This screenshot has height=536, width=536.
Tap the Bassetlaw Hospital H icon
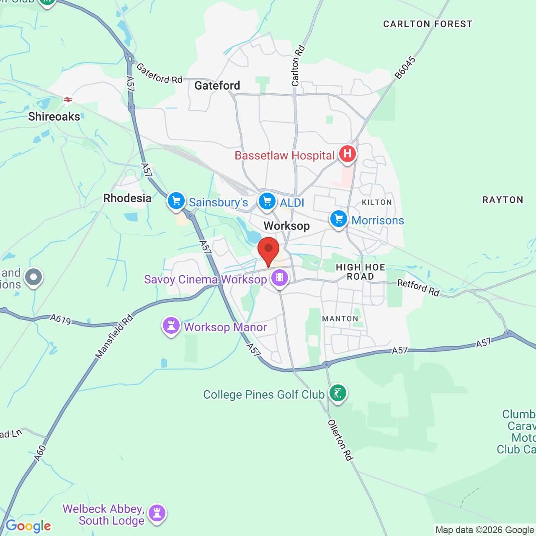[x=347, y=154]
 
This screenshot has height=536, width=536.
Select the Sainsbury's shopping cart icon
[x=176, y=201]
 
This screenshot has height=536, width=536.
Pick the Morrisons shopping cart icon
[x=339, y=219]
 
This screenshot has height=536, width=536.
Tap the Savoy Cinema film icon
[x=279, y=277]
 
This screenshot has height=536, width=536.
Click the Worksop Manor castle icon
[x=171, y=325]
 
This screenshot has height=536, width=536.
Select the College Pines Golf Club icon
[x=338, y=393]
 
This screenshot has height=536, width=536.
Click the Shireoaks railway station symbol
[x=67, y=100]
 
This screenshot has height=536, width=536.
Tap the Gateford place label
[x=217, y=86]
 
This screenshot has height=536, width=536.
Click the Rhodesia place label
[x=127, y=198]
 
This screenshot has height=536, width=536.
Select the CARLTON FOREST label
[x=428, y=24]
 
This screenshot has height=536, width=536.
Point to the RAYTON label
[x=502, y=200]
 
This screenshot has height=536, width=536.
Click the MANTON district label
[x=340, y=319]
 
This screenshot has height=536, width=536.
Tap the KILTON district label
[x=376, y=202]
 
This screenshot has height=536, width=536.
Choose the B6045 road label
[x=405, y=68]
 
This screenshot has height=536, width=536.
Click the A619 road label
[x=61, y=320]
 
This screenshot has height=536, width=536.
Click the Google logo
[x=28, y=526]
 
